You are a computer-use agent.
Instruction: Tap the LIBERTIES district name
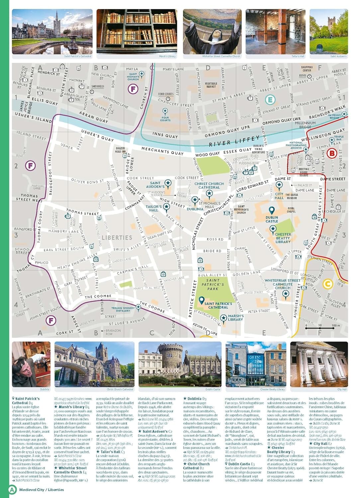(117, 238)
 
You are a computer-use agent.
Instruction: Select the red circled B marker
(331, 153)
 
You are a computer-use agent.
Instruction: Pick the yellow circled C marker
(327, 284)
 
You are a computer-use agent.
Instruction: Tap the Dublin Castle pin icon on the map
(272, 210)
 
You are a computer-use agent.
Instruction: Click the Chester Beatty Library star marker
(273, 228)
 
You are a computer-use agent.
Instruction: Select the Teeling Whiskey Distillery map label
(123, 309)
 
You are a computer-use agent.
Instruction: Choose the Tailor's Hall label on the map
(153, 208)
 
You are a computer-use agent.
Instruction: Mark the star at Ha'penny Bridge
(344, 114)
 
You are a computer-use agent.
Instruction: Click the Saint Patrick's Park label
(213, 285)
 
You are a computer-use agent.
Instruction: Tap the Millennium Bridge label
(305, 125)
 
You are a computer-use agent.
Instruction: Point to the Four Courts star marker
(165, 111)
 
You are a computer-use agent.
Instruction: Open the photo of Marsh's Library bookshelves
(137, 32)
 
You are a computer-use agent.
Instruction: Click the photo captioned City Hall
(319, 364)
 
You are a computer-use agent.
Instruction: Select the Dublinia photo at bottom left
(31, 364)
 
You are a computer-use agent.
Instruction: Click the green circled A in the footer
(12, 490)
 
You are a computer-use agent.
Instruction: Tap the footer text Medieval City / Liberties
(42, 490)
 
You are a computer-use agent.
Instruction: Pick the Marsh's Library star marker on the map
(224, 318)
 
